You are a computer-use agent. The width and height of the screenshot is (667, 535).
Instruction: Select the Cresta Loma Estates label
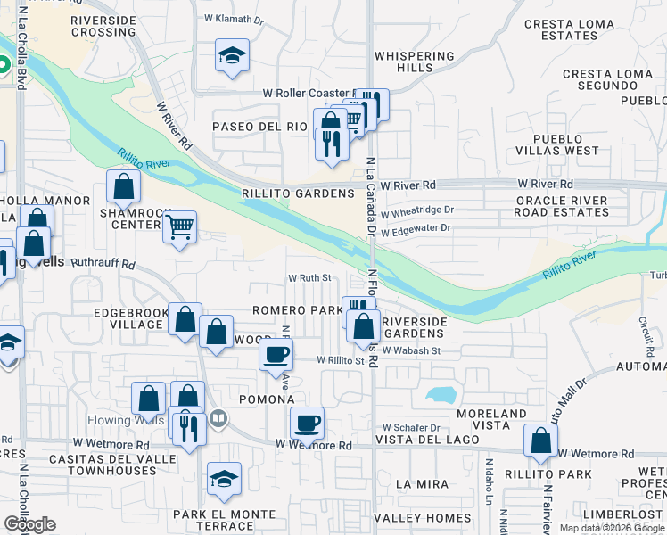click(571, 30)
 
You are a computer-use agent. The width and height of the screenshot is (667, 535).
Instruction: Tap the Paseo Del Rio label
click(259, 127)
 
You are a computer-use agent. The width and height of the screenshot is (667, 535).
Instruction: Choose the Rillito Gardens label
click(299, 193)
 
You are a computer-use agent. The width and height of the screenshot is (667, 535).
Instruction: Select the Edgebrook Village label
click(128, 319)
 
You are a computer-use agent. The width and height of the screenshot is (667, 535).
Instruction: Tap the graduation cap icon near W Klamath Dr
click(232, 56)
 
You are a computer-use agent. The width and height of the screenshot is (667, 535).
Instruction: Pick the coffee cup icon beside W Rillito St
click(276, 354)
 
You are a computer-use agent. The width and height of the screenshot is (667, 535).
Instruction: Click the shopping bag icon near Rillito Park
click(540, 440)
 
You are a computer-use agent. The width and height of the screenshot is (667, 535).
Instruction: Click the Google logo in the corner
click(29, 524)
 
